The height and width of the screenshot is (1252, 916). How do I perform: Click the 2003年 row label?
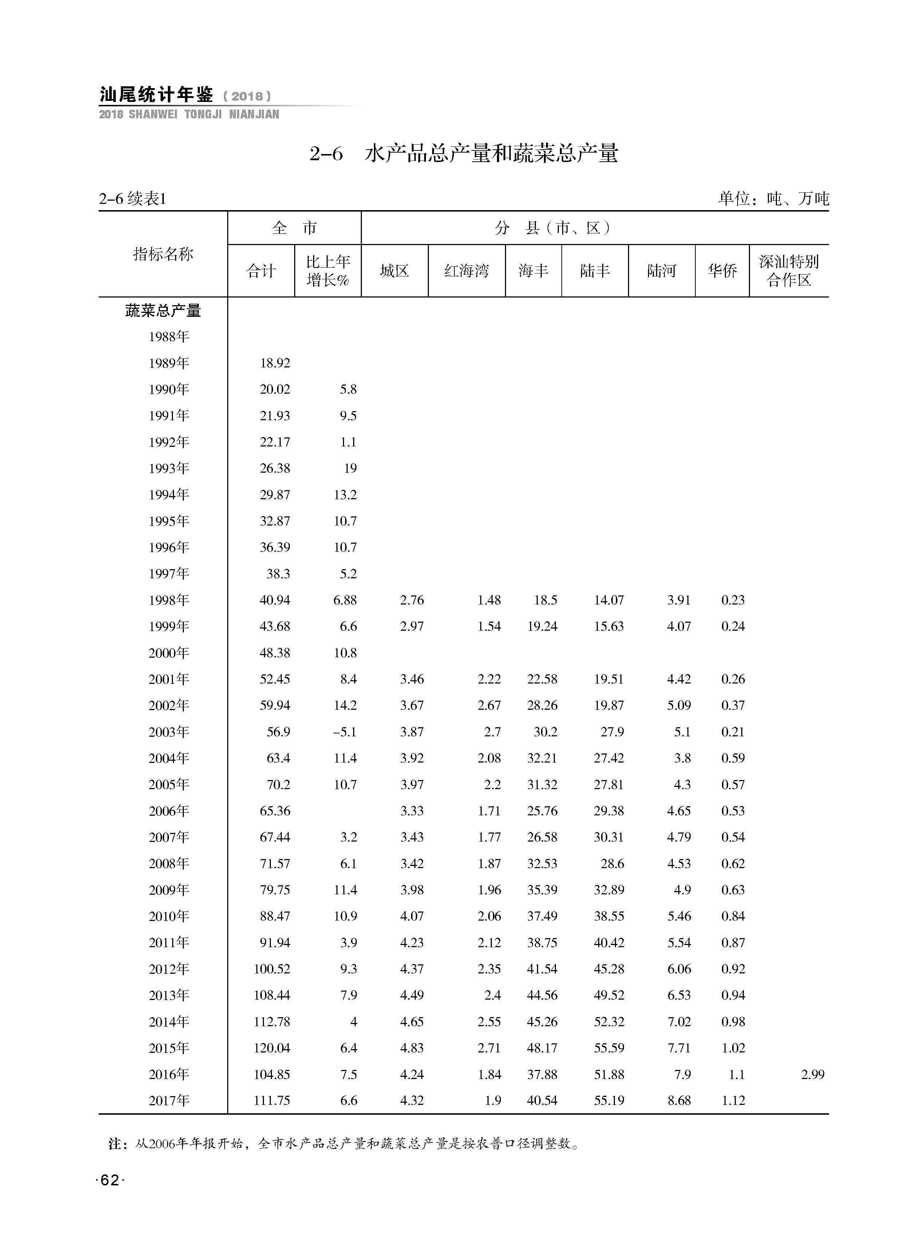pyautogui.click(x=169, y=732)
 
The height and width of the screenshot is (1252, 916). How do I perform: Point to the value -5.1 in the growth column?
pyautogui.click(x=344, y=732)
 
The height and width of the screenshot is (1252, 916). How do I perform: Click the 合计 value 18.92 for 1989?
pyautogui.click(x=275, y=363)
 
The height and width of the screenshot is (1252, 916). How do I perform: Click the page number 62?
pyautogui.click(x=110, y=1181)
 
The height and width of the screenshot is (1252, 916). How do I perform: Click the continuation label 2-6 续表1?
pyautogui.click(x=133, y=198)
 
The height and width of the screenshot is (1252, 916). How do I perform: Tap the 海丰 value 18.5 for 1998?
pyautogui.click(x=546, y=600)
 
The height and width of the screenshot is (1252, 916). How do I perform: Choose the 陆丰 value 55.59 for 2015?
pyautogui.click(x=609, y=1048)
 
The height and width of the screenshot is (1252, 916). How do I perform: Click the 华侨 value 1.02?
pyautogui.click(x=733, y=1048)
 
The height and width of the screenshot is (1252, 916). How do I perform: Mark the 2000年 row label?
pyautogui.click(x=169, y=653)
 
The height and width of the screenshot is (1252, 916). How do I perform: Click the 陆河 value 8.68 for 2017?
pyautogui.click(x=679, y=1101)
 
